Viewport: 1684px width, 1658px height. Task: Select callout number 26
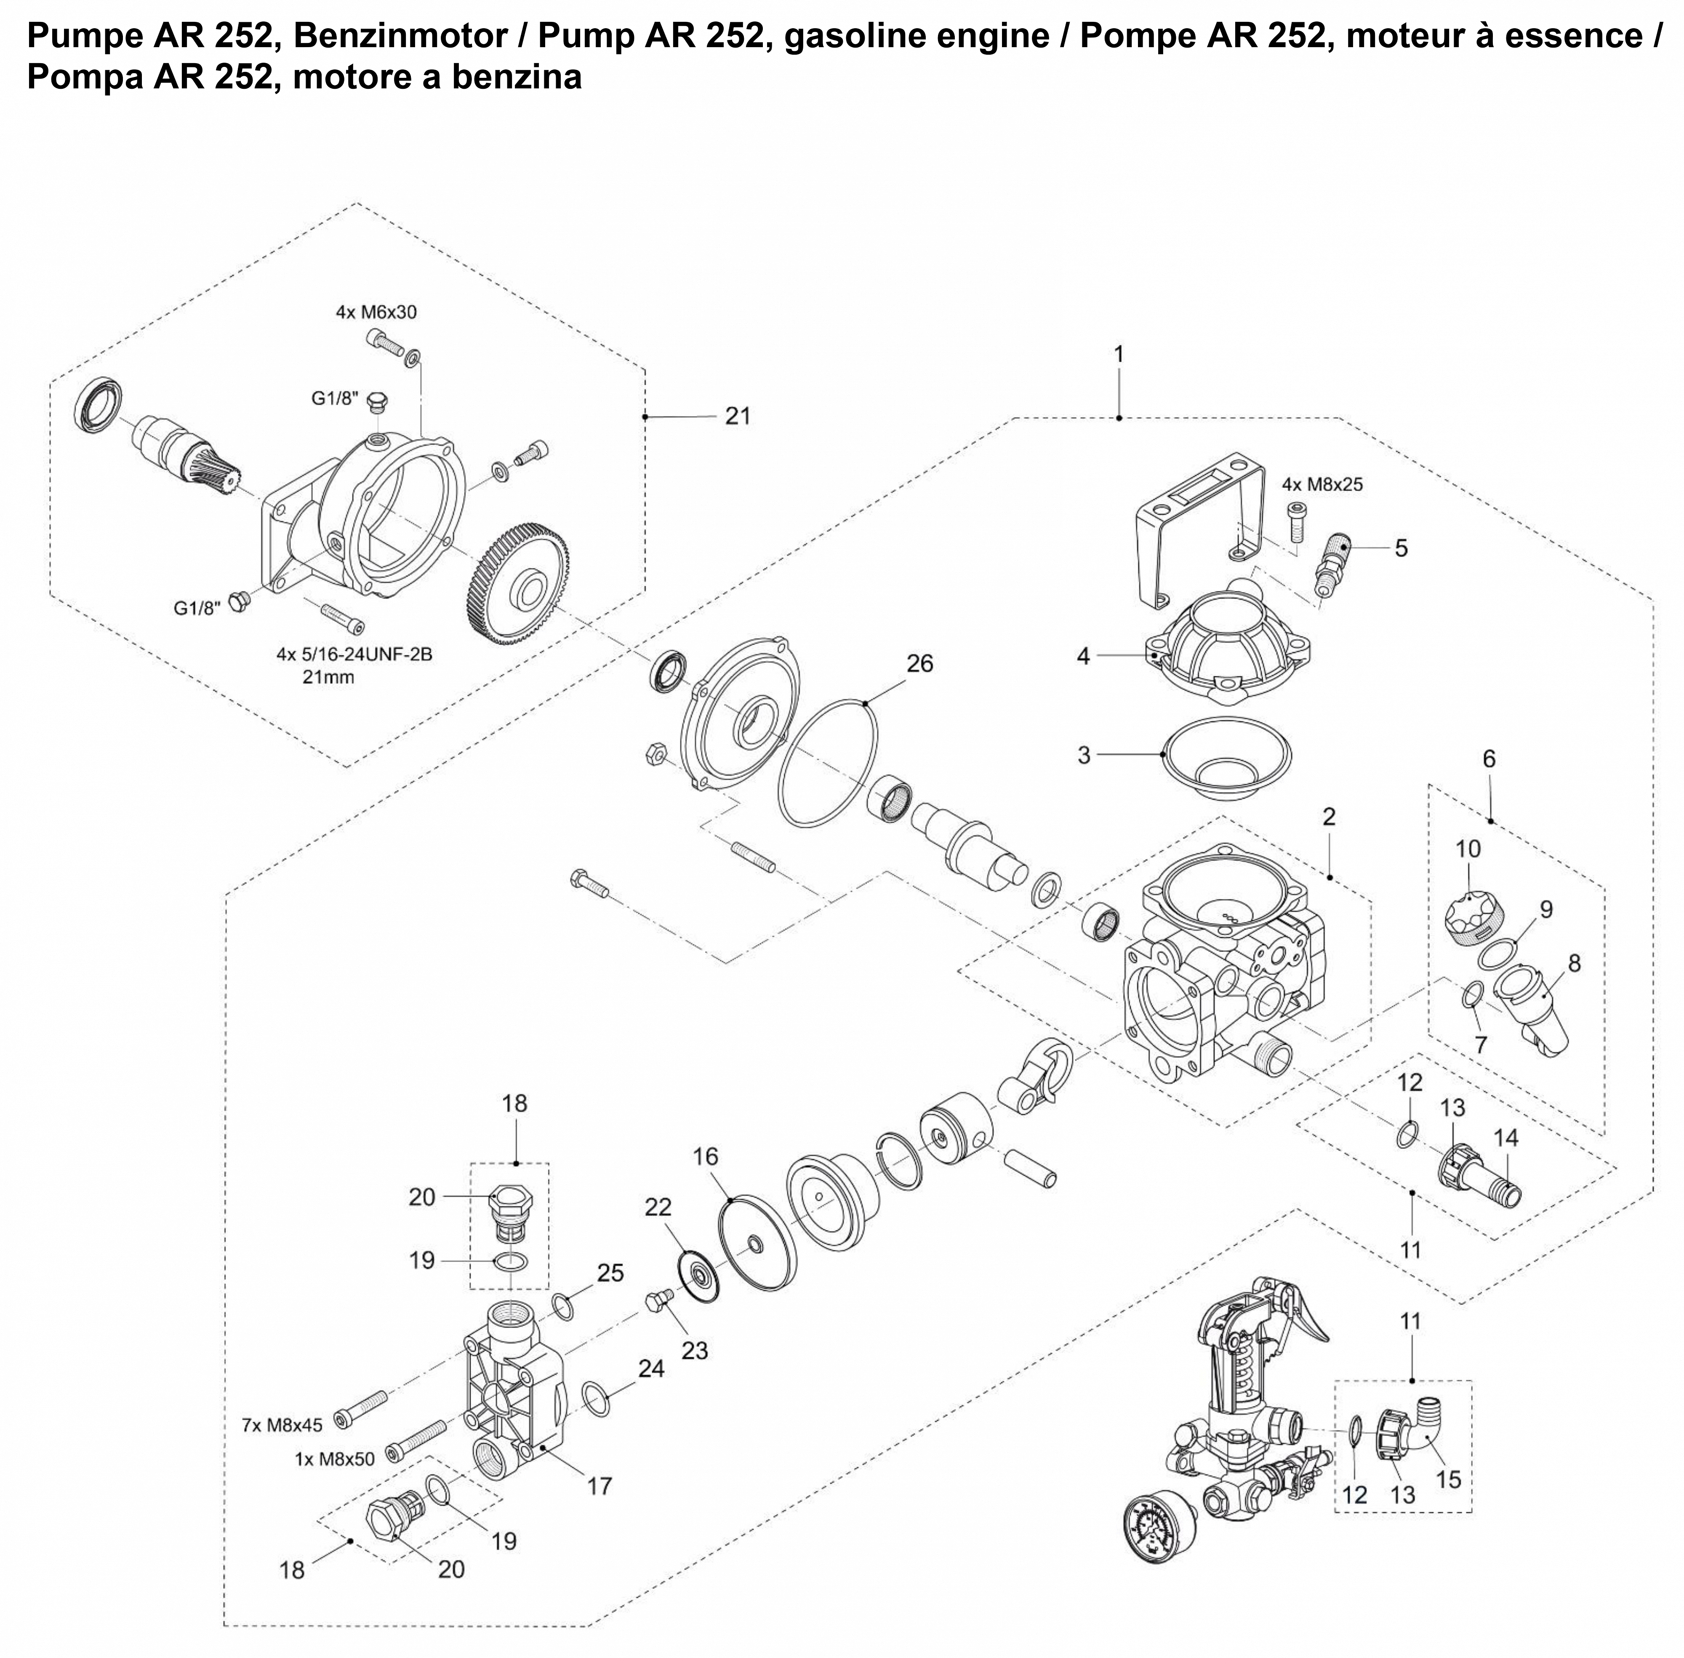point(919,664)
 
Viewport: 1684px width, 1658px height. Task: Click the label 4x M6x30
point(376,312)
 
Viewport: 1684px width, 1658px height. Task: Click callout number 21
point(737,416)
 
